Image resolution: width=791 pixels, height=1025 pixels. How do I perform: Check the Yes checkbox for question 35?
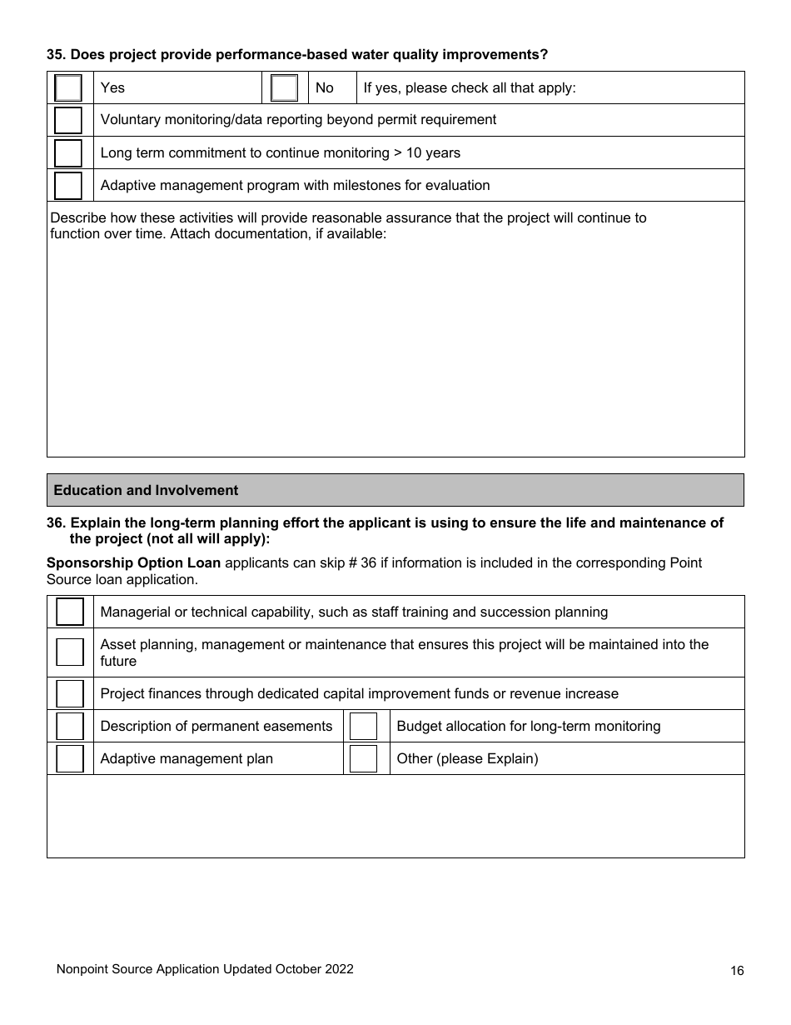(68, 87)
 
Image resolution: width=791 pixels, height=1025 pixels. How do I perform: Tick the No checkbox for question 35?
(284, 87)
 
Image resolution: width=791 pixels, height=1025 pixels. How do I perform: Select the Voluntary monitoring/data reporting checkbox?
(68, 120)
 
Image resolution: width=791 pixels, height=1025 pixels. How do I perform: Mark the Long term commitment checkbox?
(68, 153)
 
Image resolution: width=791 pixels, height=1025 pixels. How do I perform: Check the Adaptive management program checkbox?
(68, 186)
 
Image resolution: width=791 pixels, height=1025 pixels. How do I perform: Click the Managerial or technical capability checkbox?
(70, 612)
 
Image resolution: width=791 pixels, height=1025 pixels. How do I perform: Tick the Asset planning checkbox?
(70, 652)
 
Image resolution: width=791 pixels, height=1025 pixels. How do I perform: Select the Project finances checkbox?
(70, 693)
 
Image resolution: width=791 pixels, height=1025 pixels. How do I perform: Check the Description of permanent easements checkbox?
(70, 726)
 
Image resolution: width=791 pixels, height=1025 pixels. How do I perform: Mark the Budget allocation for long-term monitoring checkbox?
(364, 726)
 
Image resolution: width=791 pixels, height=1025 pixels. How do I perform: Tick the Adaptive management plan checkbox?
(70, 758)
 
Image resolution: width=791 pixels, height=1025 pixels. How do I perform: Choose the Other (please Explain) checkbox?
(364, 758)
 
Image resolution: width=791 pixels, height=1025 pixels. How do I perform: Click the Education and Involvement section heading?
(146, 491)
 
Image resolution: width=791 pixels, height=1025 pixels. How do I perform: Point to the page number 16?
(736, 970)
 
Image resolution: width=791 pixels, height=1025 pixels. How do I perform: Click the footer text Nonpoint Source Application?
(204, 969)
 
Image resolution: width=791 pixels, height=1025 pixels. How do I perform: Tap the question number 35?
(55, 55)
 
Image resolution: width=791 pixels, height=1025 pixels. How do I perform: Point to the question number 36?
(55, 523)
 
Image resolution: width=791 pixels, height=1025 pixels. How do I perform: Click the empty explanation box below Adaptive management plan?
(395, 816)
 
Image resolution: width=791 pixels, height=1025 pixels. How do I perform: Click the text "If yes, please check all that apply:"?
(470, 87)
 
